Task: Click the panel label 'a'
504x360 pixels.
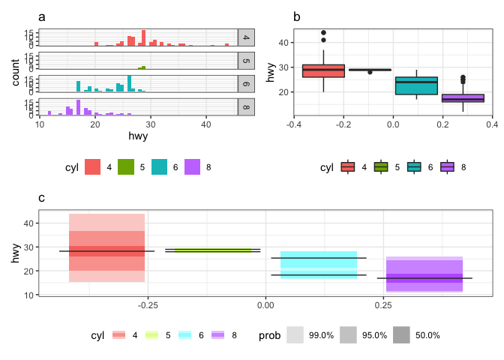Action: click(x=42, y=16)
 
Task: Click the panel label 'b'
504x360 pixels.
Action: click(x=297, y=16)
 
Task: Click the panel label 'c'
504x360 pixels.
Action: click(x=42, y=198)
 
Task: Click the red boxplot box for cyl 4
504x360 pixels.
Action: click(x=323, y=70)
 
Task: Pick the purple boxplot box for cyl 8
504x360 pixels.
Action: click(x=463, y=98)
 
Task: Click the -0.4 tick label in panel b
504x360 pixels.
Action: click(x=294, y=126)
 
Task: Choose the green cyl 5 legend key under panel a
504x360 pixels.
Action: click(x=127, y=166)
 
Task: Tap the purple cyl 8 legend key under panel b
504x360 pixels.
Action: click(x=448, y=166)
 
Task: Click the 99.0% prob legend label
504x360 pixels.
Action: click(x=321, y=335)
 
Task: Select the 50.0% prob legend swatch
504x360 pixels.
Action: click(x=401, y=335)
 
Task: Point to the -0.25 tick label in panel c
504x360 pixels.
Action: click(x=147, y=306)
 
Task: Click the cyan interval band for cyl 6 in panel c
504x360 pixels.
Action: click(x=319, y=265)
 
